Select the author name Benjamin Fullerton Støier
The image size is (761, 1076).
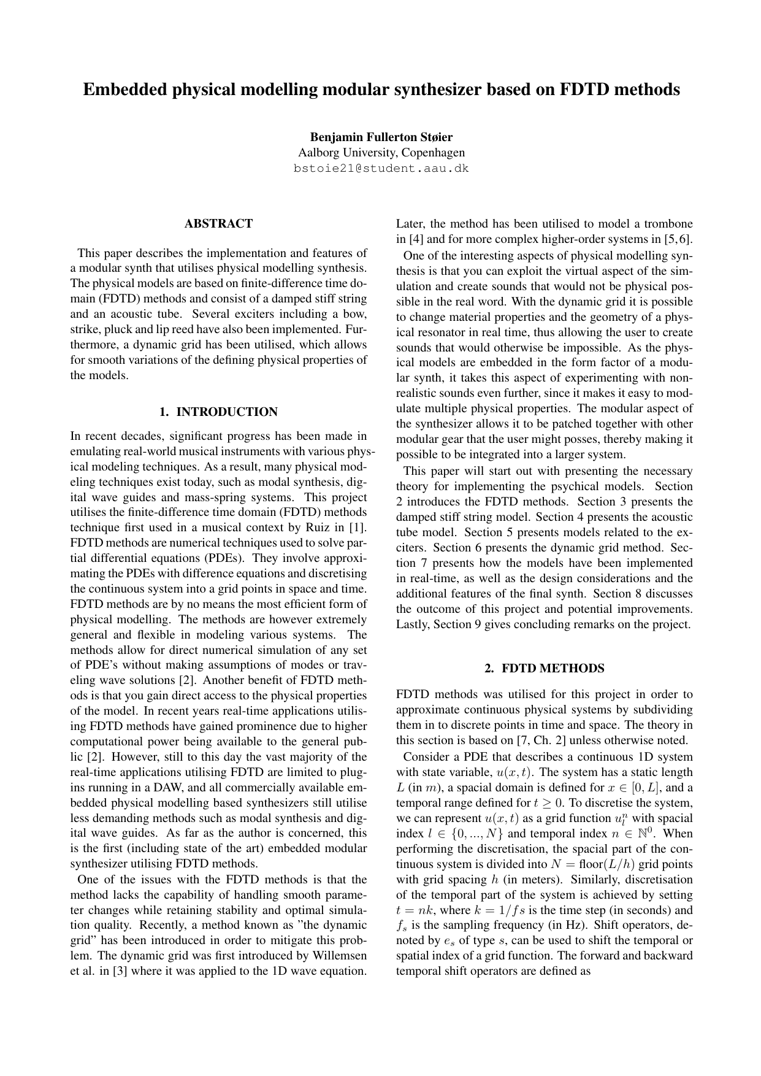pos(381,137)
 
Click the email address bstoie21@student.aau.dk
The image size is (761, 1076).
pos(381,168)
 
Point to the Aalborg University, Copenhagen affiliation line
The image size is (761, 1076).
pos(381,152)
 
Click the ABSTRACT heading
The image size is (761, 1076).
pos(218,224)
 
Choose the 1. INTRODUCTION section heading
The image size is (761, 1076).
pos(218,412)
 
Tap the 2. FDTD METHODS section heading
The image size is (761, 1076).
pos(544,669)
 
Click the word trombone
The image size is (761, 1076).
pos(666,224)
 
